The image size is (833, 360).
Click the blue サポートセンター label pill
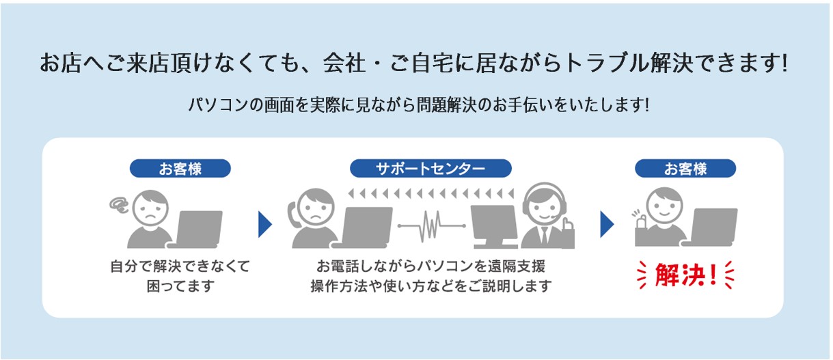click(x=431, y=169)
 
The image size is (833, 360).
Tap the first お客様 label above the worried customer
click(x=180, y=169)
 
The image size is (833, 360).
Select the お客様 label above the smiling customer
click(x=685, y=169)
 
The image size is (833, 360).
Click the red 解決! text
click(x=685, y=275)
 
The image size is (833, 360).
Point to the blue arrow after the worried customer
click(x=264, y=224)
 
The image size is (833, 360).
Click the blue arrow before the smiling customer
click(x=607, y=224)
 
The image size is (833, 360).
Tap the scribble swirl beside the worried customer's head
click(x=120, y=206)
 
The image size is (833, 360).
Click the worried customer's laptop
click(x=196, y=230)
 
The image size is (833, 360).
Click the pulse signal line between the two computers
click(x=431, y=226)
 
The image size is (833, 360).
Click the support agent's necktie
click(x=545, y=235)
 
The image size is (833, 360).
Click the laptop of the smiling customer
click(x=710, y=227)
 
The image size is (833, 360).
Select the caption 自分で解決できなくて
click(x=180, y=266)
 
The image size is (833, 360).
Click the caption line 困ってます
click(x=180, y=286)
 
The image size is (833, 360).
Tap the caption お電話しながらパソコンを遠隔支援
click(x=431, y=266)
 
